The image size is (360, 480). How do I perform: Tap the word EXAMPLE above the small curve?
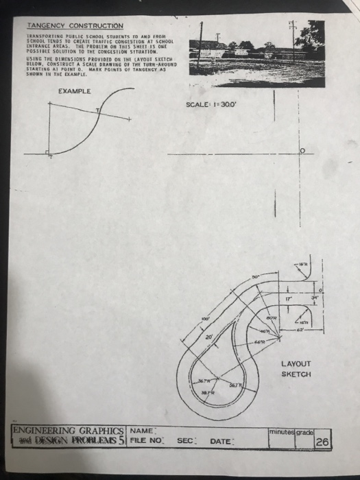tap(74, 91)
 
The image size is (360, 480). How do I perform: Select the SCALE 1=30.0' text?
tap(212, 106)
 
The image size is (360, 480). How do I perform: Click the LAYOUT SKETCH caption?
tap(296, 369)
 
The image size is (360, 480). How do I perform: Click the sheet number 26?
tap(322, 442)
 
